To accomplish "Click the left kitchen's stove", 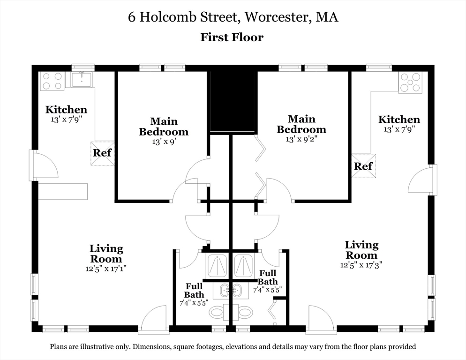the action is pos(53,81).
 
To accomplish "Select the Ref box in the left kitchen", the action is pos(103,153).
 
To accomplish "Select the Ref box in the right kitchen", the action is pos(363,166).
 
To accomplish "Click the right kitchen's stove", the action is pos(410,82).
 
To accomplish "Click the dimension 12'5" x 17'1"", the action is pos(106,269).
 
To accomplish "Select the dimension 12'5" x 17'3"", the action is pos(361,264).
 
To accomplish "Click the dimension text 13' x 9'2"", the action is pos(301,139).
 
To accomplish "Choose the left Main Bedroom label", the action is pos(164,127).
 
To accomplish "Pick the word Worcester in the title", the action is pos(278,17).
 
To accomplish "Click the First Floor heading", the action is pos(232,37).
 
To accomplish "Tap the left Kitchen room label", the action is pos(66,109).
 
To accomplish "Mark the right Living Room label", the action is pos(361,250).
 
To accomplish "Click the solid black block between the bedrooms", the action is pos(233,101).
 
